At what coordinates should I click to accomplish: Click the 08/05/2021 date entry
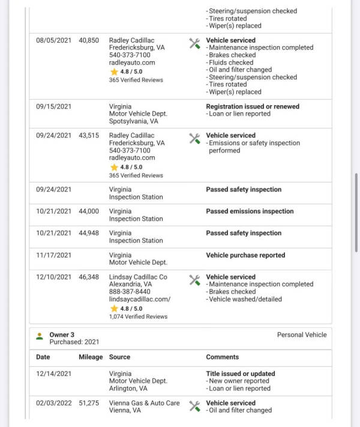[x=53, y=40]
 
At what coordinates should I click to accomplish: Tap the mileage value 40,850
[x=89, y=40]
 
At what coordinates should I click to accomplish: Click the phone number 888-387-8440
[x=130, y=292]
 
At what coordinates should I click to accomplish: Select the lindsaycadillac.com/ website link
[x=139, y=299]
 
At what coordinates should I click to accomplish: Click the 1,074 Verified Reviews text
[x=138, y=316]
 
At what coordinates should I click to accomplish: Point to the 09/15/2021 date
[x=53, y=106]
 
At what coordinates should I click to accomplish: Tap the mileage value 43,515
[x=89, y=136]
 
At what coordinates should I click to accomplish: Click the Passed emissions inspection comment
[x=250, y=211]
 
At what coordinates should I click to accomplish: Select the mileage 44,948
[x=89, y=233]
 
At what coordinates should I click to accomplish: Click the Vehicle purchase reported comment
[x=245, y=255]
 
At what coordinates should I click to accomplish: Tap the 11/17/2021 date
[x=53, y=255]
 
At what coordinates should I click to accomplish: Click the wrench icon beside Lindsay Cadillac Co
[x=194, y=280]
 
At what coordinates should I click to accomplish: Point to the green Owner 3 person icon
[x=40, y=336]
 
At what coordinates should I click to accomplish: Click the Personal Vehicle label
[x=302, y=335]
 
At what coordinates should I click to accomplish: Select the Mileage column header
[x=91, y=357]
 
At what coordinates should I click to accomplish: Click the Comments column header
[x=223, y=357]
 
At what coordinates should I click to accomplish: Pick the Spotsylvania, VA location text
[x=133, y=121]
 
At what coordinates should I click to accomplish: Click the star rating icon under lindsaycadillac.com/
[x=114, y=308]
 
